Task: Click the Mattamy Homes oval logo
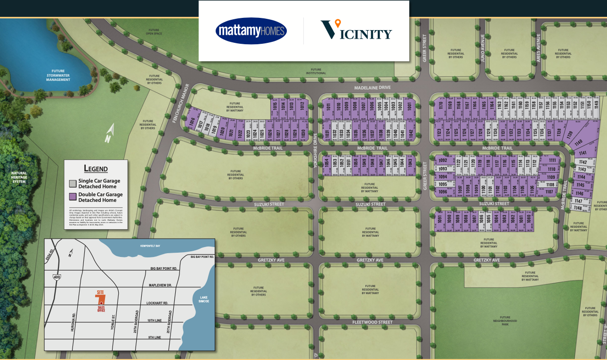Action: point(251,31)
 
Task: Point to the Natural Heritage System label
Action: point(19,177)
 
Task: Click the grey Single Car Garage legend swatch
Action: point(73,183)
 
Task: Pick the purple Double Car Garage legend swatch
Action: point(73,197)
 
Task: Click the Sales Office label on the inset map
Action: point(101,309)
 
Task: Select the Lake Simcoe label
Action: point(203,299)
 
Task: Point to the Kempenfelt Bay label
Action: point(150,246)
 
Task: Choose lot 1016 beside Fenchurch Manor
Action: point(192,124)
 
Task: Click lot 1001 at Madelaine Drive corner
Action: point(409,106)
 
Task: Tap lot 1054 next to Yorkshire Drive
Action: point(326,163)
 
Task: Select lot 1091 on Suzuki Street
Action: point(440,220)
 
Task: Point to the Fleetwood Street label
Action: point(372,322)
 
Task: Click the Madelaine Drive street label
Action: point(372,87)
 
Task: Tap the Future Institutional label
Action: point(316,71)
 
